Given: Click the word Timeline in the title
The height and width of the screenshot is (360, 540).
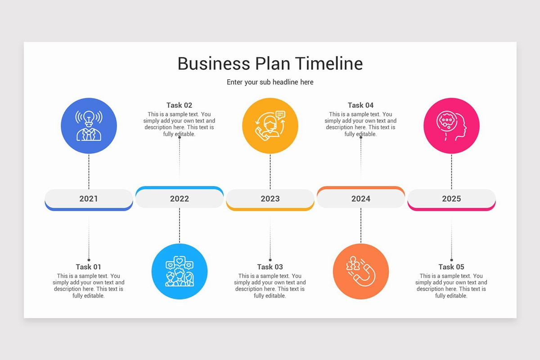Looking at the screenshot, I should (x=329, y=63).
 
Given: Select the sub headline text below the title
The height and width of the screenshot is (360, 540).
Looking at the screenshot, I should (x=270, y=82).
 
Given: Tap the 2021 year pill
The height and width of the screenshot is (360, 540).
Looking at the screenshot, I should (x=89, y=198).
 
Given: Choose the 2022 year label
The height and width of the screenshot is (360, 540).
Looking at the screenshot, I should (x=180, y=198).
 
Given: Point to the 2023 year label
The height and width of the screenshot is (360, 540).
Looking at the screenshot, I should (x=270, y=198).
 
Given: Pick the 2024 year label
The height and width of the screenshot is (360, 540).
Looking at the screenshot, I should (x=361, y=198).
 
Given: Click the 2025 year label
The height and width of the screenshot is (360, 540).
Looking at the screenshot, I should (x=451, y=198).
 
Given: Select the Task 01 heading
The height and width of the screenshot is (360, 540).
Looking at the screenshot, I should (x=89, y=267).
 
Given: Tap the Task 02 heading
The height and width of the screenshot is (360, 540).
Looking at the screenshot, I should (x=179, y=105).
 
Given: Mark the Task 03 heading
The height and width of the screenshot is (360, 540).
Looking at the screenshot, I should (x=270, y=267).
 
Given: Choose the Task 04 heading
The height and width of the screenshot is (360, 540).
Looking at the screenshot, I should (x=360, y=105).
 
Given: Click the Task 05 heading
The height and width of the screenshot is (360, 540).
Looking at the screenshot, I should (x=451, y=267).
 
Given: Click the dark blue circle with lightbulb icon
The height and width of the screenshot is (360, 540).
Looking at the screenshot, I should (x=89, y=126).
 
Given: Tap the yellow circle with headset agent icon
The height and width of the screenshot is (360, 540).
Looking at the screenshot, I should (x=270, y=126).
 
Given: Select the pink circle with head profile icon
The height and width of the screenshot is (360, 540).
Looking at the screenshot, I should (x=451, y=126).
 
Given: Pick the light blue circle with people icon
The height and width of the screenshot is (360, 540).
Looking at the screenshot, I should (x=180, y=272).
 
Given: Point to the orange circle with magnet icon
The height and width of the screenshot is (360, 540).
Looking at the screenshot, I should (x=361, y=272).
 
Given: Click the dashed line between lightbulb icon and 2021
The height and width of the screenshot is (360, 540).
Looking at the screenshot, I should (x=89, y=171).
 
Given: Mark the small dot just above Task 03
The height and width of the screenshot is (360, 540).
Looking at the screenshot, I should (x=270, y=260).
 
